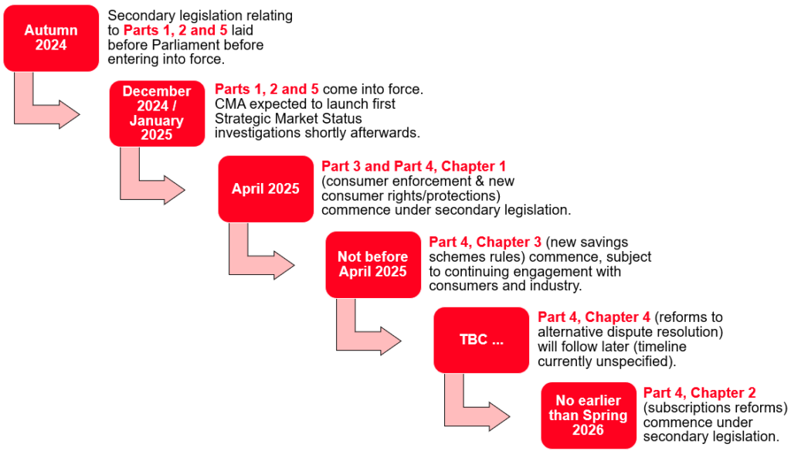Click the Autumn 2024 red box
click(51, 38)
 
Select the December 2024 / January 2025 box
click(157, 114)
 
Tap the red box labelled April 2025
click(265, 189)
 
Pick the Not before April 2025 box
click(372, 264)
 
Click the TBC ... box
click(480, 340)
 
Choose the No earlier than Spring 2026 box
click(588, 415)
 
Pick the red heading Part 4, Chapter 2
click(699, 393)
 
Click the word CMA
click(229, 104)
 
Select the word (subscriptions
click(683, 408)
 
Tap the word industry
click(555, 286)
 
